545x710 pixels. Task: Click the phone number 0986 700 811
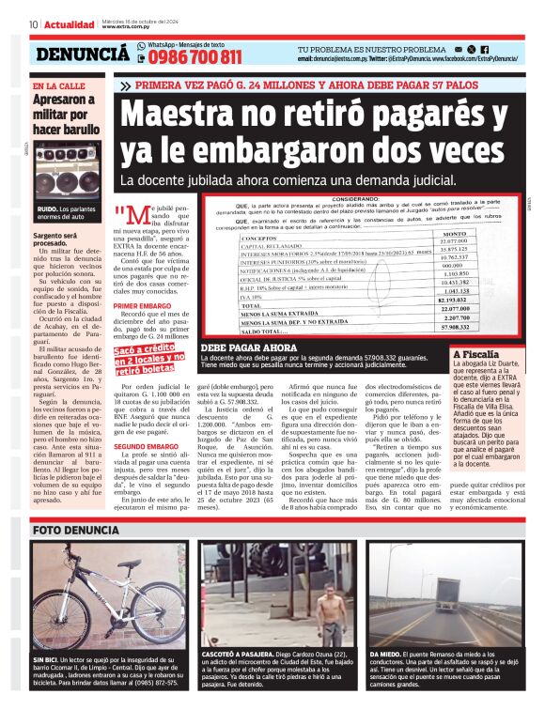195,57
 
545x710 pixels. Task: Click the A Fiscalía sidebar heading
476,355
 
